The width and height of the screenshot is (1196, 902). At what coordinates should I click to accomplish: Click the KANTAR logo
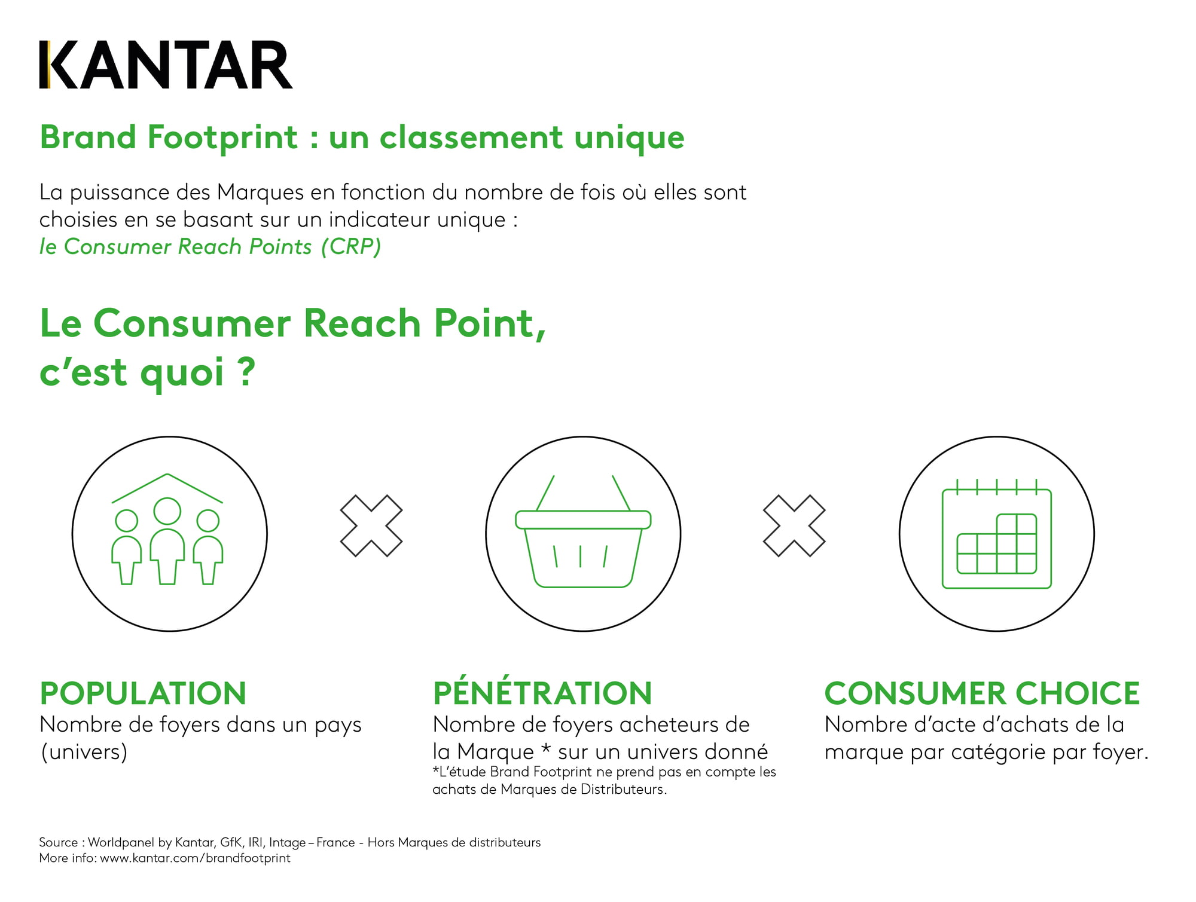pos(166,65)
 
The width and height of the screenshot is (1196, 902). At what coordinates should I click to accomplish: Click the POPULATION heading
pos(143,693)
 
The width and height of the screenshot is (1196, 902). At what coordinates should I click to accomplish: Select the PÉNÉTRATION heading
pos(542,692)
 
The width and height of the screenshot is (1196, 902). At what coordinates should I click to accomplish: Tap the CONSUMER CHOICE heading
pos(982,693)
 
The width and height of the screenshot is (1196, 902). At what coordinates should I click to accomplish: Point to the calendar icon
pos(997,534)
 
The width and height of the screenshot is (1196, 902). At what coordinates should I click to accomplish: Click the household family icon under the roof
pos(167,529)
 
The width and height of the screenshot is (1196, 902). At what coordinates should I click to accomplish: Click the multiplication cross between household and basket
pos(371,526)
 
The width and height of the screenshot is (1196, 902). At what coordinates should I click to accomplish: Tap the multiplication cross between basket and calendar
pos(794,526)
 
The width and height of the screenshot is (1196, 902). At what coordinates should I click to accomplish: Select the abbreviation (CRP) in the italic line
pos(351,247)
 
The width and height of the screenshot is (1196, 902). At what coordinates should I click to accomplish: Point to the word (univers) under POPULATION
pos(84,752)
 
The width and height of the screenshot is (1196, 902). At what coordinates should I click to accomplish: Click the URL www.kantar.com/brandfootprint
pos(195,858)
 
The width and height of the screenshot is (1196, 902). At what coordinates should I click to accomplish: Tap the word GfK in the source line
pos(231,842)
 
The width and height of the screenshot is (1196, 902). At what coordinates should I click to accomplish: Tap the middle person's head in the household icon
pos(167,511)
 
